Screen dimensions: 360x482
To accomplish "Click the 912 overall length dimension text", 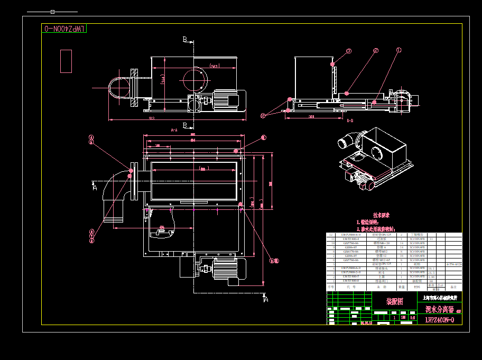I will click(152, 118).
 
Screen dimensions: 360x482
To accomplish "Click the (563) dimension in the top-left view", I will click(214, 66).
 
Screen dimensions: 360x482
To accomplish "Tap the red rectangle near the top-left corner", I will click(66, 61).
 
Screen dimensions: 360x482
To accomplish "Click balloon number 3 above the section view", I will click(349, 51).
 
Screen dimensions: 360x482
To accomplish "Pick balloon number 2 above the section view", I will click(376, 51).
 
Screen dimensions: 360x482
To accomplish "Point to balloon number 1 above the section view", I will click(399, 50).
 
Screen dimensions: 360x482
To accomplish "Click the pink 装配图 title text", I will click(394, 301).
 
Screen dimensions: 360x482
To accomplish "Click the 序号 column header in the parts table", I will click(331, 287).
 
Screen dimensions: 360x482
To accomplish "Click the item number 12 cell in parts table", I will click(331, 235).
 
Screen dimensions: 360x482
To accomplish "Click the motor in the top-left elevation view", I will click(228, 100).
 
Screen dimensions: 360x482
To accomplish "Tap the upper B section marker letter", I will click(185, 39).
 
